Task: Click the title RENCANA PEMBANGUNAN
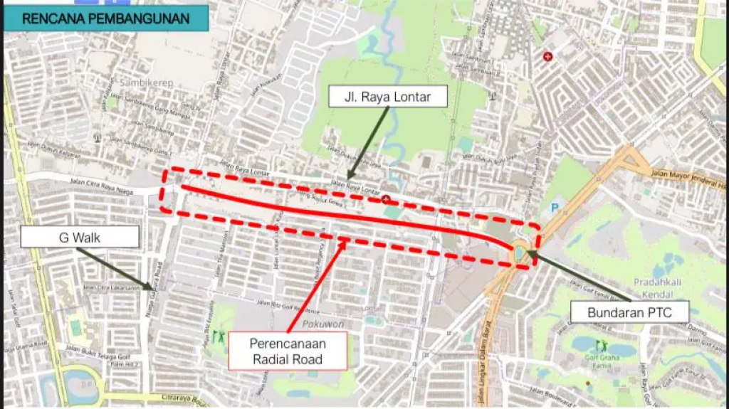[x=106, y=18]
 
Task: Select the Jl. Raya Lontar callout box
[x=387, y=97]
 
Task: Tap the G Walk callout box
[x=79, y=237]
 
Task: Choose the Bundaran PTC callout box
[x=629, y=312]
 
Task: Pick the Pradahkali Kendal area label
[x=657, y=287]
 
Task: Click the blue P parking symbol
[x=554, y=209]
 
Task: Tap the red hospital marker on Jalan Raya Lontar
[x=386, y=199]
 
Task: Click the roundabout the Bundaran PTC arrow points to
[x=519, y=250]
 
